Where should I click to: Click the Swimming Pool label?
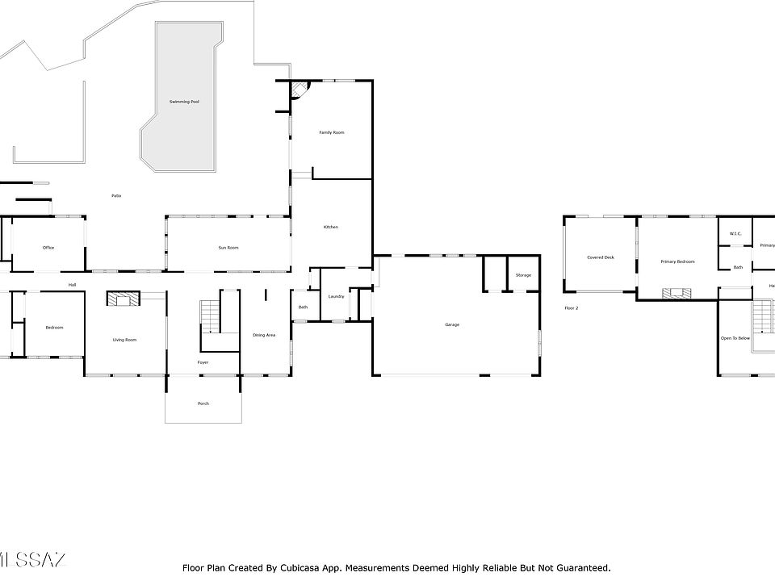(184, 102)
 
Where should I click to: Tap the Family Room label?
(331, 132)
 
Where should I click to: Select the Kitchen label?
(331, 228)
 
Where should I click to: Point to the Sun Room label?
(228, 248)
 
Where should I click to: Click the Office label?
(48, 248)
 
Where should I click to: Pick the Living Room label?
(124, 340)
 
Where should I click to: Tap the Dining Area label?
(264, 335)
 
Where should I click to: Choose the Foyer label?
(203, 362)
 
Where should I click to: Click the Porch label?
(203, 403)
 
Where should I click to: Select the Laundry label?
(337, 296)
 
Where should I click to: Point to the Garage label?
(452, 324)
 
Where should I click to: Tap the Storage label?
(523, 276)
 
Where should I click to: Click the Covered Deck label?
(601, 257)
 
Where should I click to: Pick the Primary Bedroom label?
(677, 262)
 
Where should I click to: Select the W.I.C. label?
(735, 235)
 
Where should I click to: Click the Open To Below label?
(735, 338)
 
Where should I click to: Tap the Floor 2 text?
(572, 308)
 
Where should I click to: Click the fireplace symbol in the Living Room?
(123, 299)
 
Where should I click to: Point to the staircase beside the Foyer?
(210, 316)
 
